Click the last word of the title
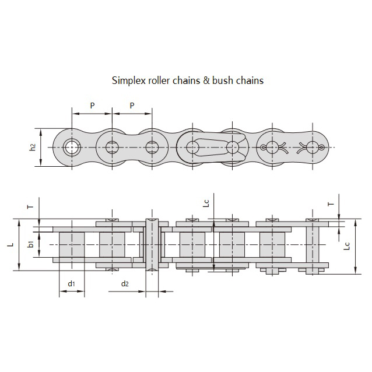pyautogui.click(x=250, y=80)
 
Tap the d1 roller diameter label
pyautogui.click(x=71, y=284)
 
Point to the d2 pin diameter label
pyautogui.click(x=125, y=284)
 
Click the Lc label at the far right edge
pyautogui.click(x=347, y=246)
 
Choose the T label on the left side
pyautogui.click(x=31, y=205)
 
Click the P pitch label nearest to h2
pyautogui.click(x=92, y=105)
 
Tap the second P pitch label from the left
pyautogui.click(x=132, y=105)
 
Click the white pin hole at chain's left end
pyautogui.click(x=71, y=146)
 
